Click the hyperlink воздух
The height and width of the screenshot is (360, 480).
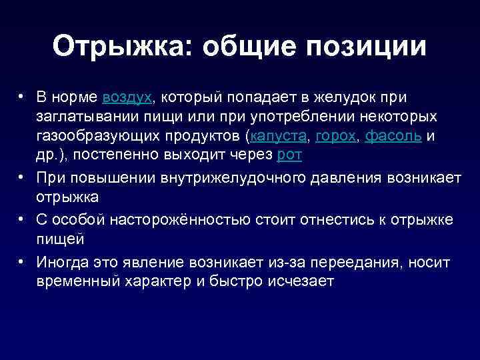128,97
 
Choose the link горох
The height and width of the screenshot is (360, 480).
336,136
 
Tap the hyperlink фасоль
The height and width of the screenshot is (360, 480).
394,136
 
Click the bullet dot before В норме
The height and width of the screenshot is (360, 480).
23,97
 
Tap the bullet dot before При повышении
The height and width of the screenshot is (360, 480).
23,178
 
